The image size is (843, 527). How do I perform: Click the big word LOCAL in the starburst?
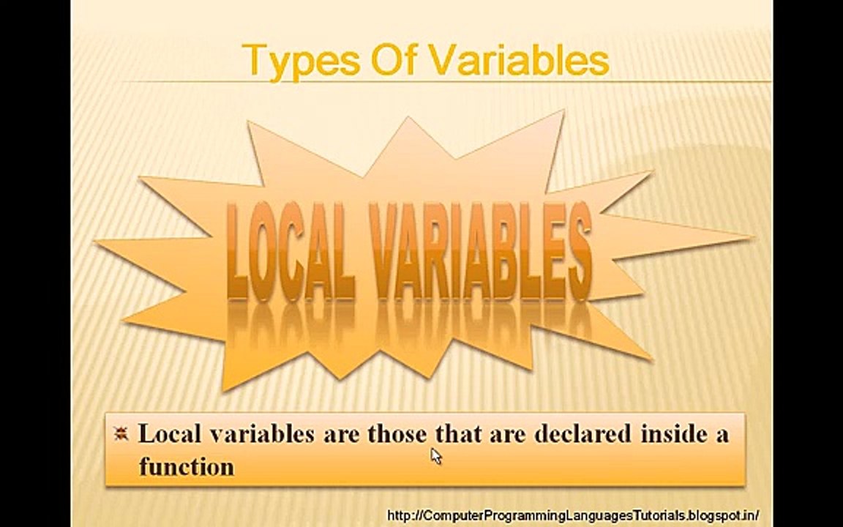pyautogui.click(x=290, y=253)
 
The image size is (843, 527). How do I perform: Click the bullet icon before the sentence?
pyautogui.click(x=121, y=433)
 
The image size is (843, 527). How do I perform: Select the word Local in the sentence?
pyautogui.click(x=169, y=433)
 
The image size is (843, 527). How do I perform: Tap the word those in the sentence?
pyautogui.click(x=397, y=433)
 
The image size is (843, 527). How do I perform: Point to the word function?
pyautogui.click(x=187, y=466)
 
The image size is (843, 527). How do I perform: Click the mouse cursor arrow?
pyautogui.click(x=435, y=456)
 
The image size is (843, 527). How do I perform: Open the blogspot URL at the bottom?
pyautogui.click(x=572, y=515)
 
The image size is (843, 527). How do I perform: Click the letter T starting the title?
pyautogui.click(x=254, y=60)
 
